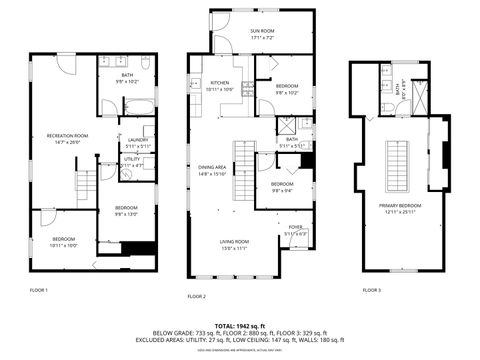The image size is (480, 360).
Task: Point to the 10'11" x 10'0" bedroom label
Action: coord(63,241)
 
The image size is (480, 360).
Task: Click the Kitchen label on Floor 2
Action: coord(220,85)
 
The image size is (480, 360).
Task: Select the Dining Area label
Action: coord(212,170)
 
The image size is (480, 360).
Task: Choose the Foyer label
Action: coord(295,230)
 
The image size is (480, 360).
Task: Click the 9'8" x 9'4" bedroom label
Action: coord(282,186)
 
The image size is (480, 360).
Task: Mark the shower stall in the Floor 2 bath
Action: coord(286,126)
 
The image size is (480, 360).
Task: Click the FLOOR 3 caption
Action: coord(371,289)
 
